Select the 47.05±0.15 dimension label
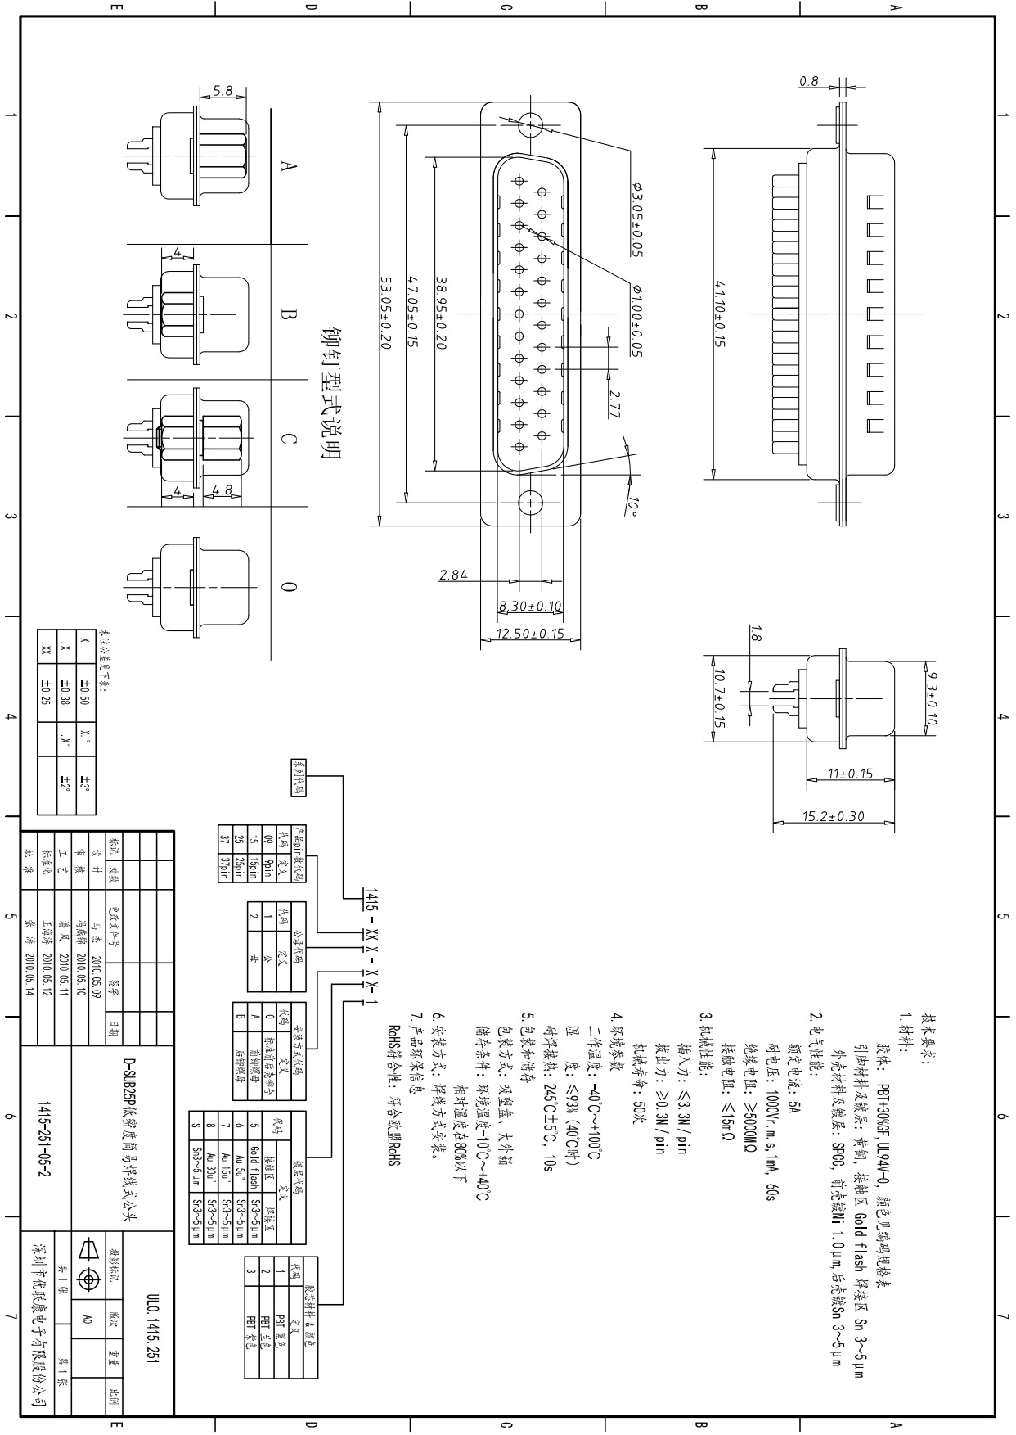[x=413, y=311]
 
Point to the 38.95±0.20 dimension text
[x=442, y=312]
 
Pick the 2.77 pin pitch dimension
[x=614, y=404]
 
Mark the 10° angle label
[x=632, y=507]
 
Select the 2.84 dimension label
[x=453, y=575]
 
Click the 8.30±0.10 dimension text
[x=530, y=607]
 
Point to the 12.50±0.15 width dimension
[x=531, y=634]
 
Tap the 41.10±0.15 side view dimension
[x=720, y=314]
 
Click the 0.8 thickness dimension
[x=808, y=81]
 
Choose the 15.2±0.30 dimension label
[x=833, y=816]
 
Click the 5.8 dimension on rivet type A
[x=223, y=91]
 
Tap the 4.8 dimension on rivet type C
[x=223, y=490]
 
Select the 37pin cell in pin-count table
[x=223, y=869]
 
